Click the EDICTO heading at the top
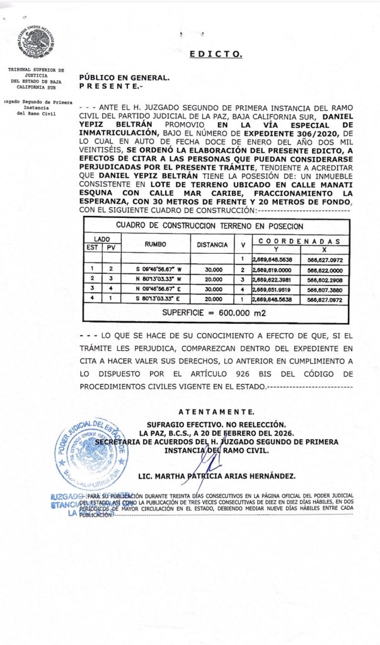pyautogui.click(x=216, y=54)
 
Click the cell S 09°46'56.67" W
pyautogui.click(x=156, y=268)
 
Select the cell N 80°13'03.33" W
pyautogui.click(x=156, y=278)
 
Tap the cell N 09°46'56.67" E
pyautogui.click(x=156, y=288)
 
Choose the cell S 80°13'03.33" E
pyautogui.click(x=156, y=299)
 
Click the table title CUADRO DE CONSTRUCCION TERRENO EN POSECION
pyautogui.click(x=210, y=225)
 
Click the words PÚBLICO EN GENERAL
pyautogui.click(x=124, y=77)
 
